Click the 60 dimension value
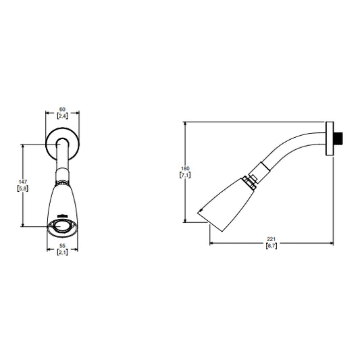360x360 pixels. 62,109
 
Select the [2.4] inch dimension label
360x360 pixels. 62,116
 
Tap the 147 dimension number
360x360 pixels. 23,182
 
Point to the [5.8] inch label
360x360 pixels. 23,188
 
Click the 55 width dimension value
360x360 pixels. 62,246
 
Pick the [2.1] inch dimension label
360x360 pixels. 62,253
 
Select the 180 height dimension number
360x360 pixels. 185,169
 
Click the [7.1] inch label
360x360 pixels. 185,175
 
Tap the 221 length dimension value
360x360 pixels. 271,240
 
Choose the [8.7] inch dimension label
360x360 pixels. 272,246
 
